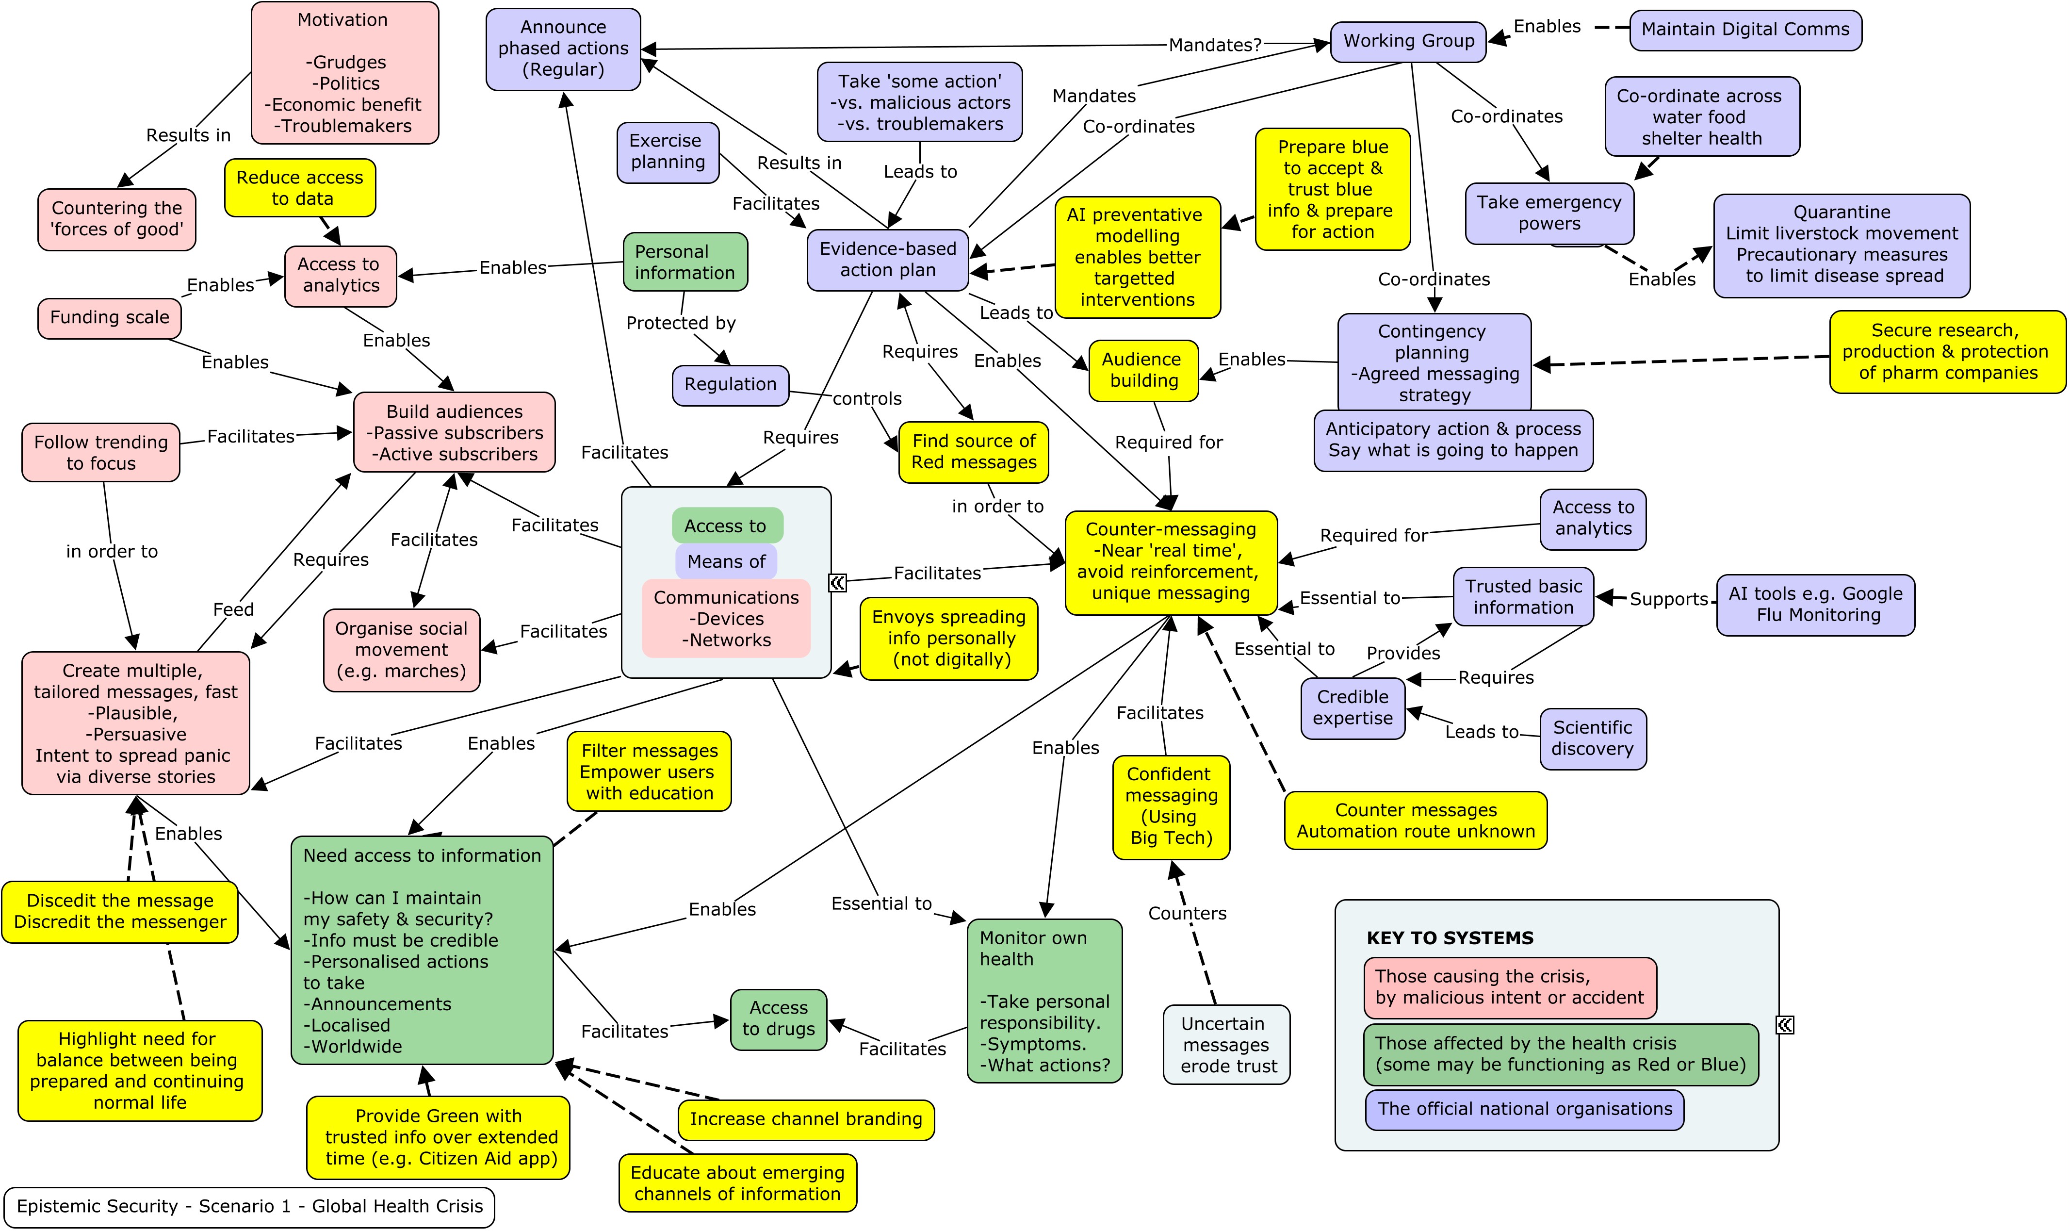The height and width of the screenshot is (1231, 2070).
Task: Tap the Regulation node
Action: tap(730, 385)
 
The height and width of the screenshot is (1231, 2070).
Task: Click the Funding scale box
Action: tap(110, 318)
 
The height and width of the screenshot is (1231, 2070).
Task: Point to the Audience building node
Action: tap(1143, 370)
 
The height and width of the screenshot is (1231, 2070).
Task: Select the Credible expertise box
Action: tap(1353, 707)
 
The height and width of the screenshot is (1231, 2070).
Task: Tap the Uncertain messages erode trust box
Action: tap(1226, 1044)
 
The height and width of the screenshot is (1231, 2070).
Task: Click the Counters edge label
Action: tap(1187, 913)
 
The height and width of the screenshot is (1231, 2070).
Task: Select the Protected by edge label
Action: tap(681, 323)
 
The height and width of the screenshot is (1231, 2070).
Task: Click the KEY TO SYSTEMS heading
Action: tap(1450, 938)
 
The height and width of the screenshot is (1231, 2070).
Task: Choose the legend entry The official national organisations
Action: tap(1524, 1109)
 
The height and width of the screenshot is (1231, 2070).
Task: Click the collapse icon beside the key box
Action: tap(1785, 1025)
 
